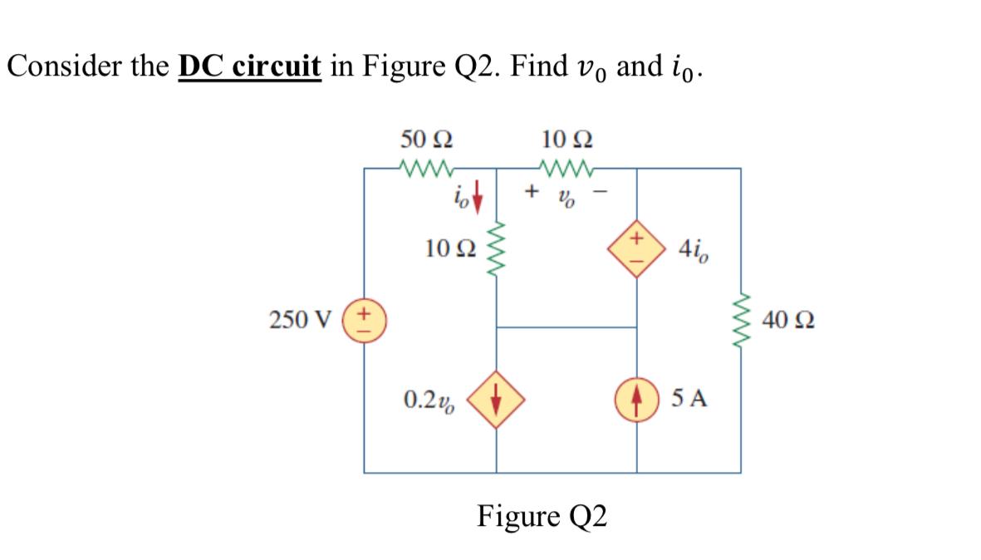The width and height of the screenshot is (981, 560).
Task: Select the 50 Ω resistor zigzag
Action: point(427,169)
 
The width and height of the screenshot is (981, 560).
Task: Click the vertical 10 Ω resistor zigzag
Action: point(497,248)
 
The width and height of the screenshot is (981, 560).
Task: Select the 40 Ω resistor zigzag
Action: point(741,320)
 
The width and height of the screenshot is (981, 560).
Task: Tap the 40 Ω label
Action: point(787,320)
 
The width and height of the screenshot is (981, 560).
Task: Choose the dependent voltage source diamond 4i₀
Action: point(637,248)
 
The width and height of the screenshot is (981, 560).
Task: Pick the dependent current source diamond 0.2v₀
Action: point(497,400)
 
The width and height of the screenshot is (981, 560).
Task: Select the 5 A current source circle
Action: point(637,400)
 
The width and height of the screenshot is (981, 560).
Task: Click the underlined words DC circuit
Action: point(249,66)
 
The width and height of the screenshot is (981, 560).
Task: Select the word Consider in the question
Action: point(61,66)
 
